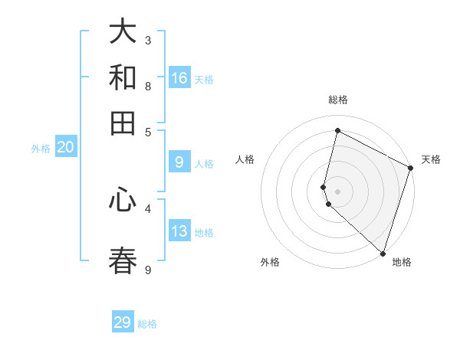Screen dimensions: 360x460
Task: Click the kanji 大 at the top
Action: [123, 32]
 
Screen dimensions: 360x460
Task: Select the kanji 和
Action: [123, 77]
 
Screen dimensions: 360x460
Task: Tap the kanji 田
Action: [123, 123]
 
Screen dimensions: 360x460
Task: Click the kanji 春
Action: [123, 260]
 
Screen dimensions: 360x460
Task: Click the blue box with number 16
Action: [179, 78]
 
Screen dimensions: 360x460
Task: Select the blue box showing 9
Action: [179, 162]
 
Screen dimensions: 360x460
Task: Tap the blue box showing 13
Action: [179, 232]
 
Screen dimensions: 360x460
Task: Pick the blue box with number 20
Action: [65, 148]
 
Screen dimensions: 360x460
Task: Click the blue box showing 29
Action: [123, 322]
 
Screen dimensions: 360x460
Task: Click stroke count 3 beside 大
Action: [148, 40]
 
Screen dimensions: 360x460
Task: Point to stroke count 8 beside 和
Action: [148, 86]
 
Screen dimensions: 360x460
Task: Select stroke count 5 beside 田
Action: [148, 131]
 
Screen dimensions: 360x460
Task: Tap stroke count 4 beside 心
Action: [148, 208]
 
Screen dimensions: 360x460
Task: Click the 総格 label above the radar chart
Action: [338, 100]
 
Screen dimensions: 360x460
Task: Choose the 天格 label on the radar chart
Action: [431, 159]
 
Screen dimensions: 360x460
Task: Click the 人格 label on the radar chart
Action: [245, 159]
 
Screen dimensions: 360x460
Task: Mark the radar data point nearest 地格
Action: [383, 253]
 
